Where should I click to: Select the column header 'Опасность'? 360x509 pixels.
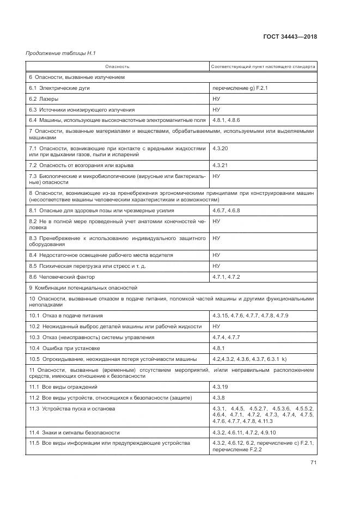[117, 67]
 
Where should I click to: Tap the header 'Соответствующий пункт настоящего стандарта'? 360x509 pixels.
[263, 67]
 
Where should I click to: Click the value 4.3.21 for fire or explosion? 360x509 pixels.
[221, 165]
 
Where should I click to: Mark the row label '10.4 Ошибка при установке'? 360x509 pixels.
[62, 347]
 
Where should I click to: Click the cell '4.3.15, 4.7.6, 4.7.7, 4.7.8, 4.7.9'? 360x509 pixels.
[251, 316]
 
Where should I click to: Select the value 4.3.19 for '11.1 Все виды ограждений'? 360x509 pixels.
[221, 387]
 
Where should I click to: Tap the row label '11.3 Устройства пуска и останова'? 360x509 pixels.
[72, 408]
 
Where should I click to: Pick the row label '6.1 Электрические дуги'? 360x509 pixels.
[59, 88]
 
